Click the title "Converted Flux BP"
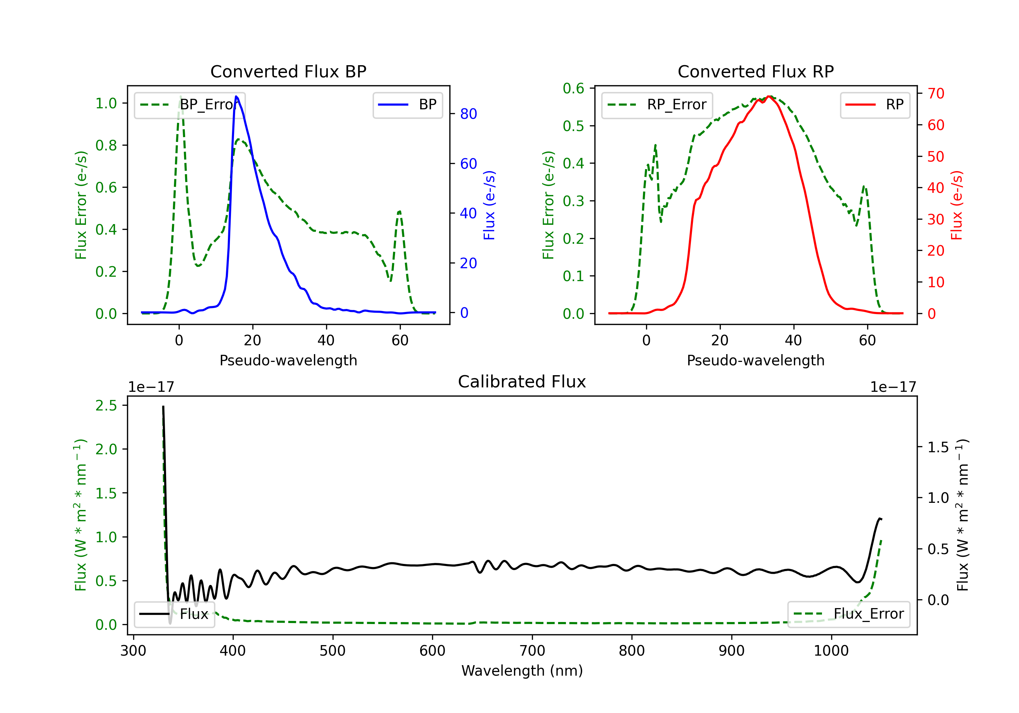coord(288,71)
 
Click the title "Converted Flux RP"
coord(755,71)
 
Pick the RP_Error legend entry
coord(657,105)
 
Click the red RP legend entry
coord(875,105)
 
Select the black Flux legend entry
coord(175,614)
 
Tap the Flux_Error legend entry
coord(848,614)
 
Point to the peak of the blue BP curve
coord(236,97)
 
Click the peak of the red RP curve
coord(769,97)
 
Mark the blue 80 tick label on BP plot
coord(468,114)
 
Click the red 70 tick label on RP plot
coord(935,94)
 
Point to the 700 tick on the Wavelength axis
coord(532,651)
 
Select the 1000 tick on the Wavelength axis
coord(831,651)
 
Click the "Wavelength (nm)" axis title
coord(522,671)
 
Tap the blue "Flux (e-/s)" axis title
coord(489,205)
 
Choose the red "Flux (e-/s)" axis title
coord(957,205)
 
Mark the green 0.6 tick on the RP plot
coord(573,88)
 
